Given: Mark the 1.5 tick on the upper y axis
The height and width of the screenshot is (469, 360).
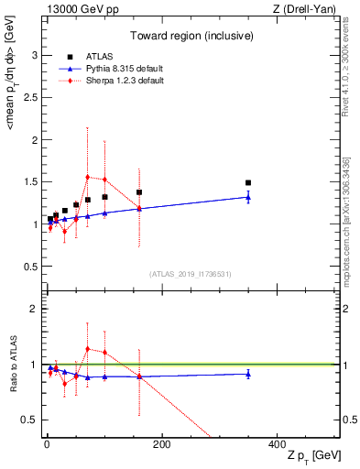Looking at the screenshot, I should pos(28,182).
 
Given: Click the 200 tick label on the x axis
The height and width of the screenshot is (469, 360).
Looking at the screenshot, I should pos(161,444).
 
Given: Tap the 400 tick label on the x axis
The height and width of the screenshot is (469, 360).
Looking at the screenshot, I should pos(276,444).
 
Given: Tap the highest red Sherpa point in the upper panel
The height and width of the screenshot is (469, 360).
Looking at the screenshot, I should pos(87,177).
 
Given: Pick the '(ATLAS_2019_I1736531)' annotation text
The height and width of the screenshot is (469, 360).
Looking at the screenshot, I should pos(189,273).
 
